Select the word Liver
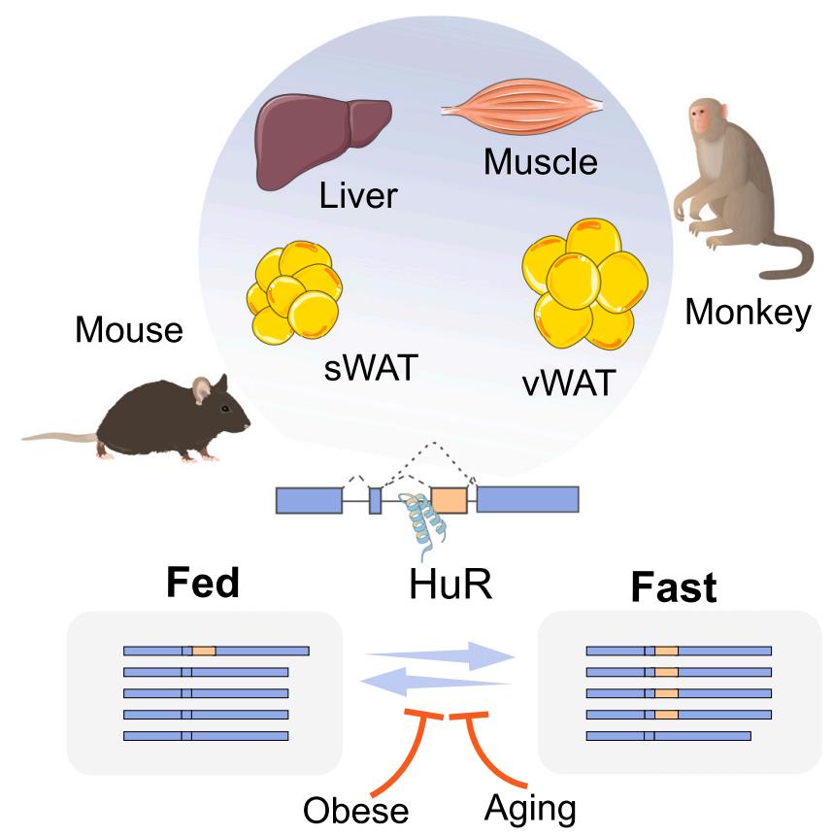click(358, 196)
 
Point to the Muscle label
click(541, 161)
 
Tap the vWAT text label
click(569, 383)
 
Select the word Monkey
click(748, 313)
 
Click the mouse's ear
click(202, 389)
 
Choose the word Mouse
click(129, 331)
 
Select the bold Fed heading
click(204, 584)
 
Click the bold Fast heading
click(674, 586)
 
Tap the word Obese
click(355, 809)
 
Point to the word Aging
click(529, 807)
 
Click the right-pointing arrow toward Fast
click(442, 656)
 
